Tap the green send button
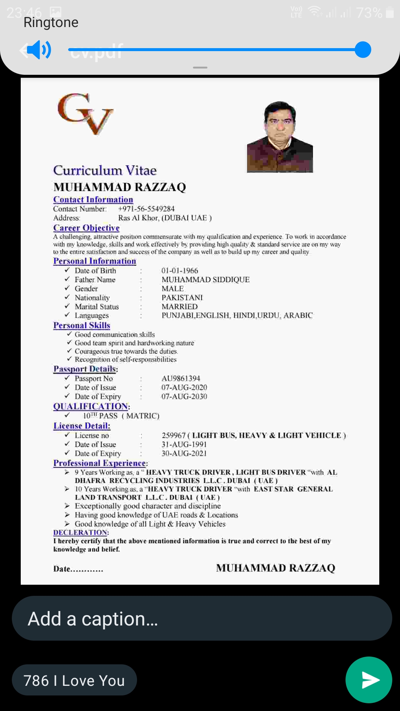click(369, 680)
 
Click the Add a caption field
click(202, 618)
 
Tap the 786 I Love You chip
click(74, 680)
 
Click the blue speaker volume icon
click(39, 50)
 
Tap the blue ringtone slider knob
click(363, 50)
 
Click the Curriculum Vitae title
click(105, 170)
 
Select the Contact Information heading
click(93, 200)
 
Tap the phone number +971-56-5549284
click(146, 209)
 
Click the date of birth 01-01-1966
click(180, 271)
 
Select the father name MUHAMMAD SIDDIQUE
click(206, 280)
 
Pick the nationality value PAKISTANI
click(182, 298)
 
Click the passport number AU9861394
click(181, 378)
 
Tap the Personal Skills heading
click(81, 326)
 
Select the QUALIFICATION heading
click(91, 406)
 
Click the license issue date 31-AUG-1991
click(184, 444)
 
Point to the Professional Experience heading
click(100, 463)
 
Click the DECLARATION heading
click(80, 533)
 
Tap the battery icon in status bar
click(390, 13)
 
